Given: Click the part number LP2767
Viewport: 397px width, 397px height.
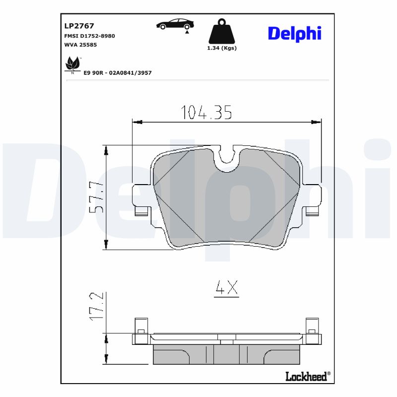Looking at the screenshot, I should tap(79, 26).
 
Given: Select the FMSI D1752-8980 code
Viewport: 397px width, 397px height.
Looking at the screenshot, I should tap(89, 36).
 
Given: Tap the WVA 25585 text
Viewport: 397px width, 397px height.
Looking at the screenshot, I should tap(80, 45).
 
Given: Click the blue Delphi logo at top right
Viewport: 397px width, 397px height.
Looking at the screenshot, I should tap(295, 33).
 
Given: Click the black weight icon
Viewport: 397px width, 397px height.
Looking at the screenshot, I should tap(221, 32).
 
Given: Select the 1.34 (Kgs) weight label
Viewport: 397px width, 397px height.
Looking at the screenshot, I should tap(221, 48).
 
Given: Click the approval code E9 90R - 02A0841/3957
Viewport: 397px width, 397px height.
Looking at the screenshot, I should tap(118, 73).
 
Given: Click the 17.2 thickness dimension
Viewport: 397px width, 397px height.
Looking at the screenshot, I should tap(97, 306).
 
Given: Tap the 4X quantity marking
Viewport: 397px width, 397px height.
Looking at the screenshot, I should tap(226, 287).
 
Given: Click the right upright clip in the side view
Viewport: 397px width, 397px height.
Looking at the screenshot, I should tap(312, 329).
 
